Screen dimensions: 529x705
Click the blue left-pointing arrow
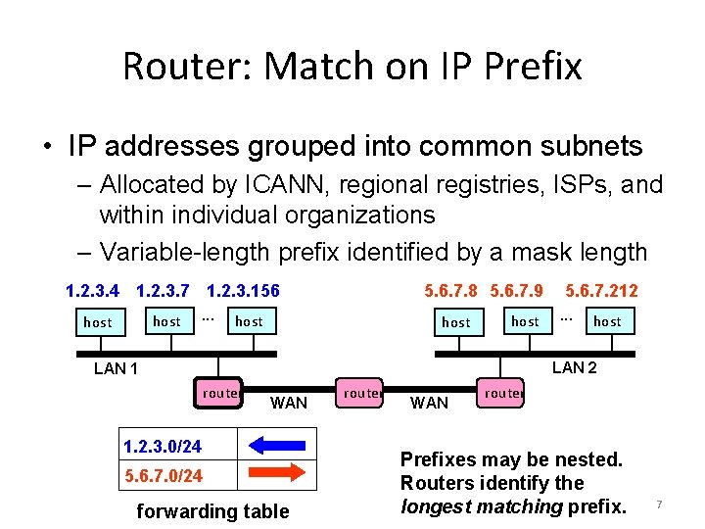[278, 447]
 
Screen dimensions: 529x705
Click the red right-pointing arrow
[278, 475]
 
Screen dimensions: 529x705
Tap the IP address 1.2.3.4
[92, 291]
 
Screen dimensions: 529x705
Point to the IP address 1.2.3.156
[243, 291]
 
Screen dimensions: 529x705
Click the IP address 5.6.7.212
[602, 291]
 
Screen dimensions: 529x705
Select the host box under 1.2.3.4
[98, 321]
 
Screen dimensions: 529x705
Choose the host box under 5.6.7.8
[456, 321]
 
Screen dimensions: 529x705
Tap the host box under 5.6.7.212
[607, 320]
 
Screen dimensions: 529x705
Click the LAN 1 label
[116, 369]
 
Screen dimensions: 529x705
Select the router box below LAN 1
[219, 393]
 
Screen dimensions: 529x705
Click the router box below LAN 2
[502, 393]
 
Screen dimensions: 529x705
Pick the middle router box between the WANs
[361, 393]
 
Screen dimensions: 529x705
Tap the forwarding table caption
[212, 510]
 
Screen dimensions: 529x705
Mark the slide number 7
[659, 505]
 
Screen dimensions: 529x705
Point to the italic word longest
[435, 505]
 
